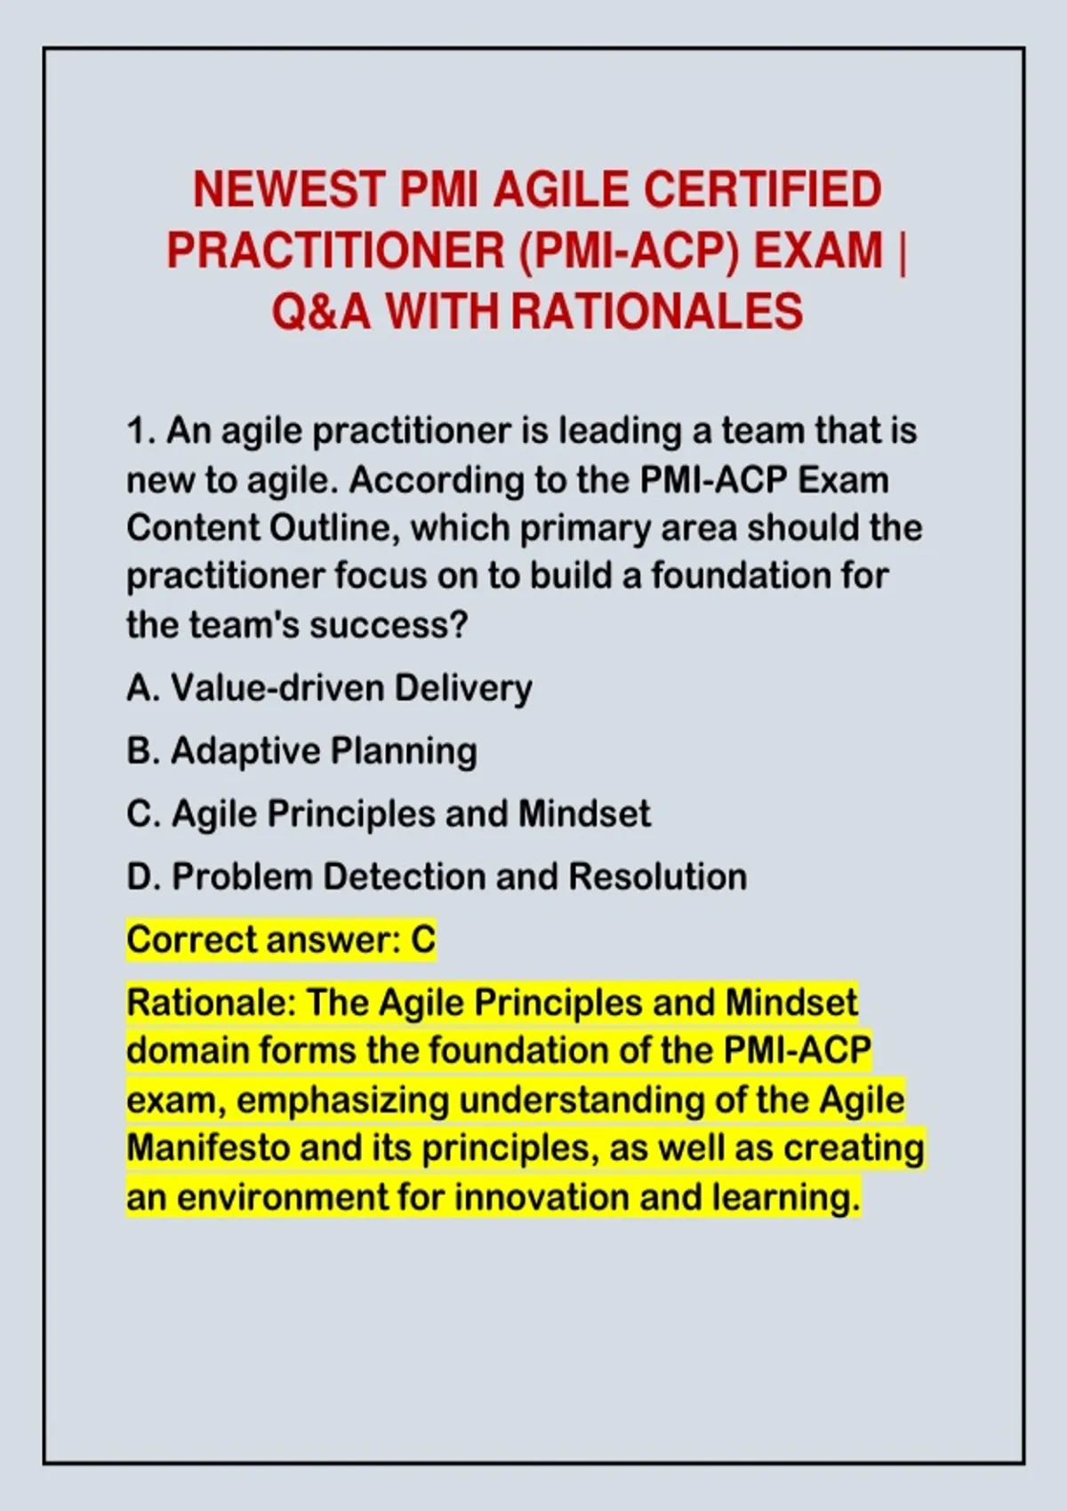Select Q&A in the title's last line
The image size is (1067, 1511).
click(x=321, y=311)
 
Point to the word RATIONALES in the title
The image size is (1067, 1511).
click(x=657, y=311)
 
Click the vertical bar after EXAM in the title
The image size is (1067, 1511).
click(x=903, y=251)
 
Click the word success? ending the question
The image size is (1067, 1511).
click(x=389, y=626)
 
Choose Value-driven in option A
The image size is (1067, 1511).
click(x=278, y=688)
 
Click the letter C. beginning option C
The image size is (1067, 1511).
click(x=144, y=813)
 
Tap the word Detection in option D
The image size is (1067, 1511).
click(x=404, y=876)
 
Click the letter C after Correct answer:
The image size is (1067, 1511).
click(x=423, y=939)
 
